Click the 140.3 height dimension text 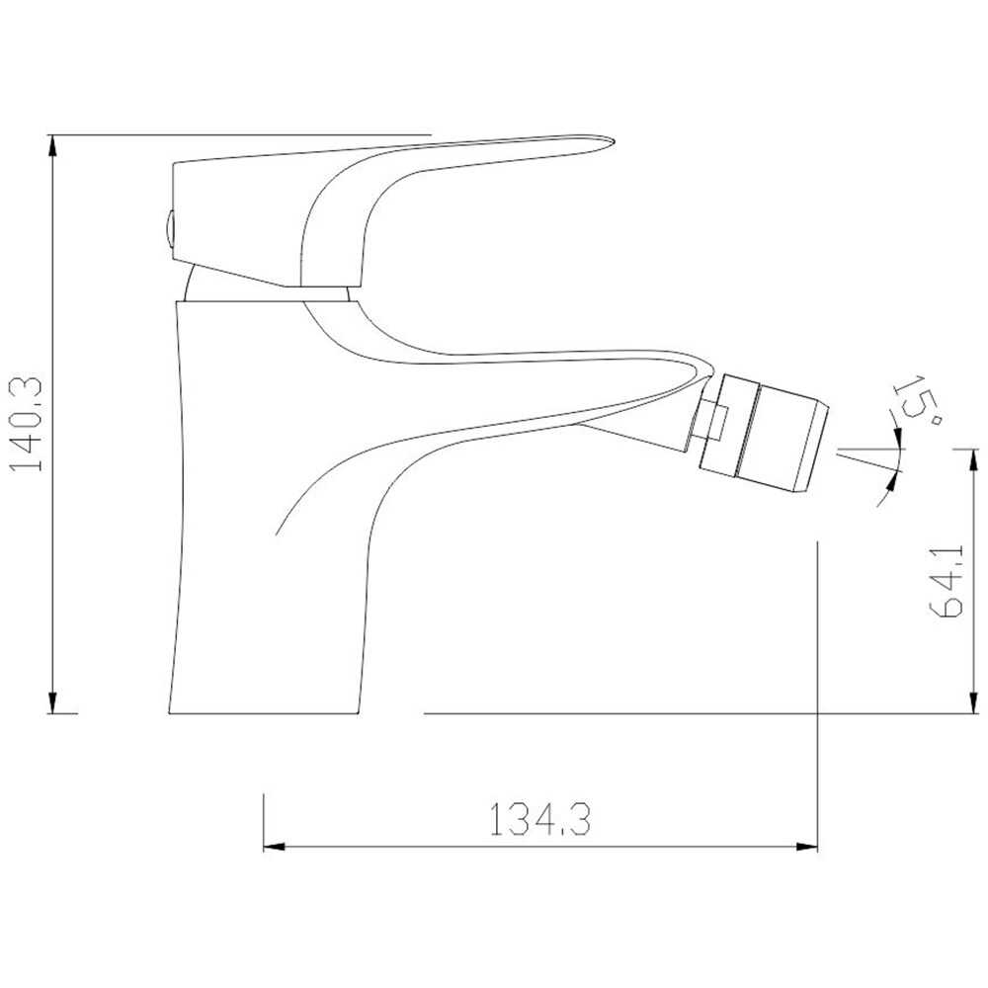(x=26, y=424)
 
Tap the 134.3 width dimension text (x=540, y=818)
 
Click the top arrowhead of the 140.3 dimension (x=53, y=147)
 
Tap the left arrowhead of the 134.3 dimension (x=275, y=847)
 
